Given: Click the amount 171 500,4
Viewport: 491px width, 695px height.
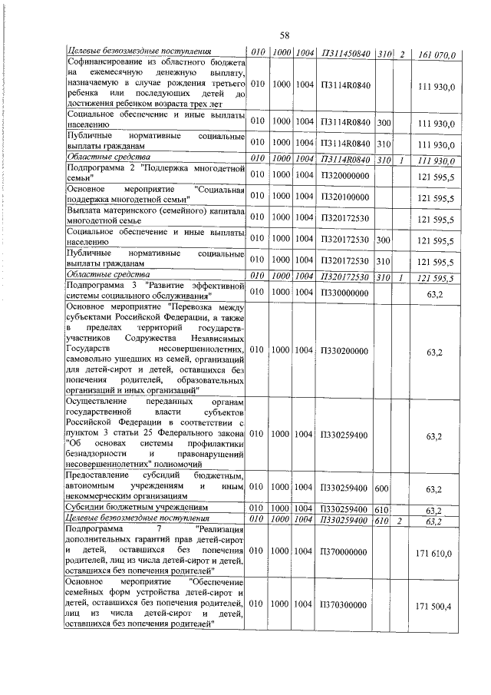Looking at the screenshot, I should pyautogui.click(x=435, y=606).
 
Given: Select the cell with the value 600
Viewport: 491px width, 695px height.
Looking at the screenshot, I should pyautogui.click(x=382, y=488).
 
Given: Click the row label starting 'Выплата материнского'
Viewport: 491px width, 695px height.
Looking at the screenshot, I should pyautogui.click(x=155, y=219).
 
